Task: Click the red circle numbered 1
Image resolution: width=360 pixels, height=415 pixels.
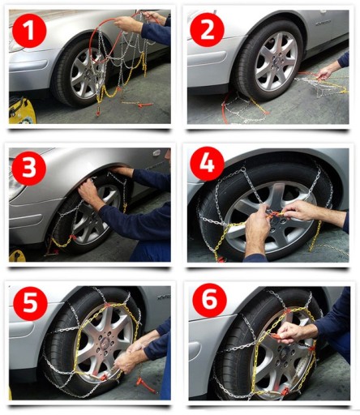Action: click(x=29, y=30)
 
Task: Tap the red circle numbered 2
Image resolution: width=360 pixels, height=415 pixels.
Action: click(x=208, y=30)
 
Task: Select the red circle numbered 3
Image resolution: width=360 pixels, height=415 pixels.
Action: click(x=29, y=168)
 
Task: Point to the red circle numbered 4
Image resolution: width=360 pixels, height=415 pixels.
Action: click(x=208, y=164)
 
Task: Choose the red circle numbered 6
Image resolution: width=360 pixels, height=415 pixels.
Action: click(x=209, y=301)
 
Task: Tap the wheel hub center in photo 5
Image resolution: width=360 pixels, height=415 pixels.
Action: click(x=103, y=343)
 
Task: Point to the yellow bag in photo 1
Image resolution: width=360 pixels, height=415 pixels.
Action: click(x=22, y=111)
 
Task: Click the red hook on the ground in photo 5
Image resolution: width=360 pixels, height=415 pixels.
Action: click(x=146, y=385)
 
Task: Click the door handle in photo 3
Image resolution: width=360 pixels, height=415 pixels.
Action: click(x=156, y=153)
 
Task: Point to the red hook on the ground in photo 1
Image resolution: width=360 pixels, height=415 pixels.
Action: click(x=145, y=105)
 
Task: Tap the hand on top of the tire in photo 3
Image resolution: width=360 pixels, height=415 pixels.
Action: click(x=122, y=171)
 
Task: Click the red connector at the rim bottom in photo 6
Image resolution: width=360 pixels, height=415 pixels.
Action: click(x=284, y=391)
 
